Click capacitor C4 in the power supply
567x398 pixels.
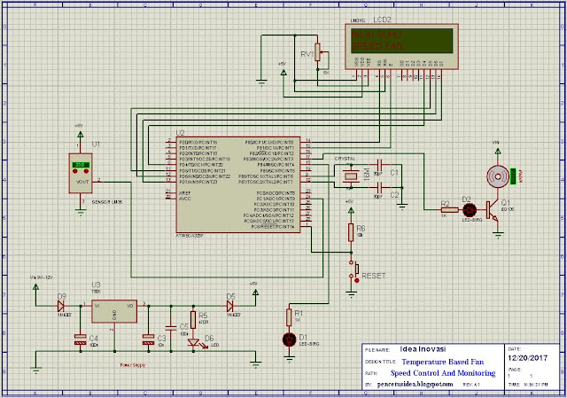point(81,337)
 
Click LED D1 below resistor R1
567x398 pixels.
point(286,339)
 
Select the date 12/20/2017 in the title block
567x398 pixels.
point(531,359)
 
